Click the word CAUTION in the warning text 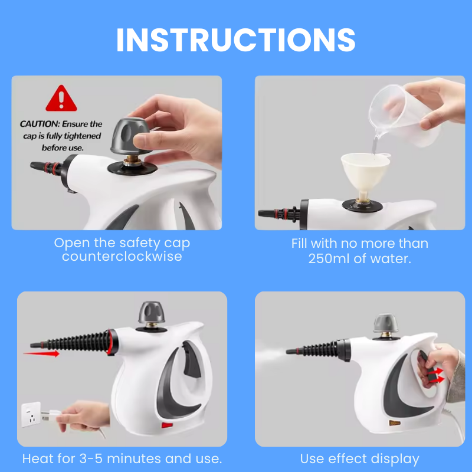pos(39,124)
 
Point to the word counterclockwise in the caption pos(122,257)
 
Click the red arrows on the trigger pos(435,375)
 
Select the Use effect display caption pos(359,458)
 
